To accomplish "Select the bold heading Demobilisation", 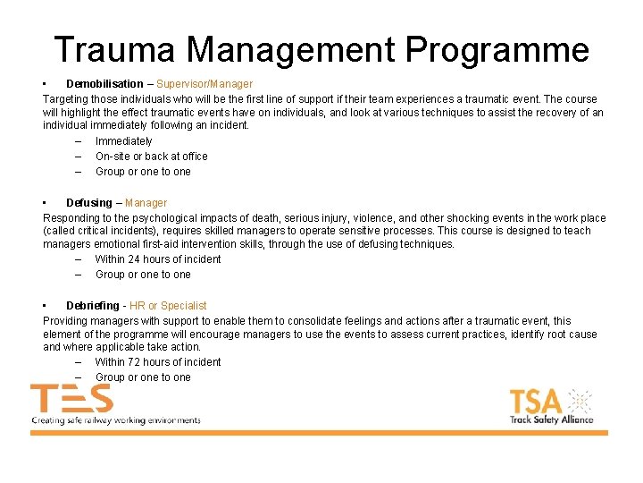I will click(104, 84).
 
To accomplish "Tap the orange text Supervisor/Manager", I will click(205, 84).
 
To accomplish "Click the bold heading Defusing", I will click(89, 203).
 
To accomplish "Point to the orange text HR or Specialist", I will click(169, 306).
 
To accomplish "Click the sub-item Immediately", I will click(123, 141).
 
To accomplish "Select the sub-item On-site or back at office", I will click(151, 157).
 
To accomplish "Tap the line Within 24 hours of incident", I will click(157, 259).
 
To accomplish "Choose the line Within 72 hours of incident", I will click(157, 362).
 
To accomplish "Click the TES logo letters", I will click(71, 399).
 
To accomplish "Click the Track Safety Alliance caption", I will click(551, 419).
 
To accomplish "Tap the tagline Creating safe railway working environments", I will click(116, 419).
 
